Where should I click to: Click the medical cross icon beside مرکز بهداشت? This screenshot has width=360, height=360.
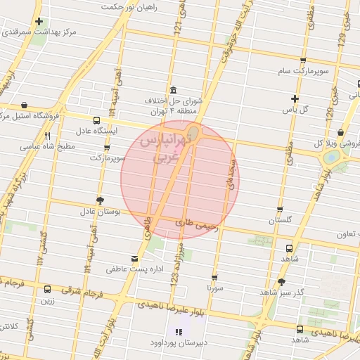pyautogui.click(x=39, y=22)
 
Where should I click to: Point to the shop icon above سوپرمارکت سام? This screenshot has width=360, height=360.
pyautogui.click(x=303, y=60)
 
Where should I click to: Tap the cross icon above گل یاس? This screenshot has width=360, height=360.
pyautogui.click(x=295, y=98)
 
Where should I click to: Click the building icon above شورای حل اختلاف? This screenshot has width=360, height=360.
pyautogui.click(x=173, y=90)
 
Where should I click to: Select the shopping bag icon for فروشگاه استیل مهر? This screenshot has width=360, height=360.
pyautogui.click(x=25, y=106)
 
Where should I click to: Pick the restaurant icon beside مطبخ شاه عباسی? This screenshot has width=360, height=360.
pyautogui.click(x=48, y=136)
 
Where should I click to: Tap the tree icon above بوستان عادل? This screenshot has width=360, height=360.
pyautogui.click(x=100, y=200)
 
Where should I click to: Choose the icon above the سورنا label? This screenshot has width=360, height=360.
pyautogui.click(x=215, y=278)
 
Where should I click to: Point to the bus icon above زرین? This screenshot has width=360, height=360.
pyautogui.click(x=47, y=289)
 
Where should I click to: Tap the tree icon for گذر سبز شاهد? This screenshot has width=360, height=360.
pyautogui.click(x=281, y=281)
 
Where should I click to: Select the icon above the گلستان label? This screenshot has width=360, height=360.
pyautogui.click(x=280, y=210)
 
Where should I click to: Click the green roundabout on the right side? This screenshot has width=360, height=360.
pyautogui.click(x=329, y=157)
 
